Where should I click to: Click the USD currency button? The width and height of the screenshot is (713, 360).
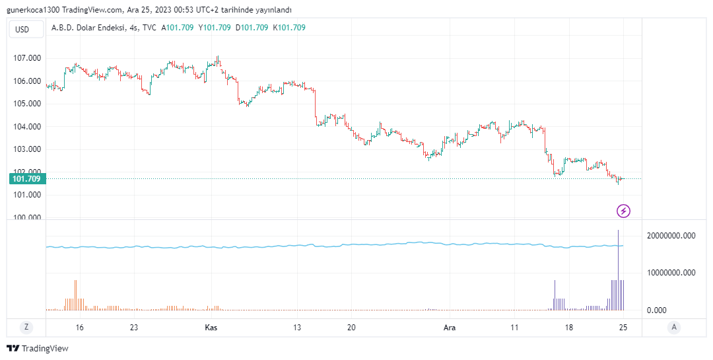[22, 29]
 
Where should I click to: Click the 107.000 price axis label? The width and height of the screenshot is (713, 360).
[27, 58]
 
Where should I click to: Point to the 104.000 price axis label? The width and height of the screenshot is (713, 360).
[27, 127]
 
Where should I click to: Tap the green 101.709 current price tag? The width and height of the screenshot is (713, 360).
[26, 178]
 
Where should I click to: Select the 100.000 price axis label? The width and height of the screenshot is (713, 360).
[27, 217]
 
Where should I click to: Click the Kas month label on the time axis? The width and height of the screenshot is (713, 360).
[211, 328]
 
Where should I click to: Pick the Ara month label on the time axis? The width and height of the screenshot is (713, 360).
[450, 328]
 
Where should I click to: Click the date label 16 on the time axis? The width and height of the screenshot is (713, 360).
[80, 328]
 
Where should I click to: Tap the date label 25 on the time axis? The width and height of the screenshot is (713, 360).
[623, 328]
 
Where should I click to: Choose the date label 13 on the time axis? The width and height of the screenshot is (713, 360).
[297, 328]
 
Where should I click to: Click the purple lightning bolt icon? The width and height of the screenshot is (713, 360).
[623, 211]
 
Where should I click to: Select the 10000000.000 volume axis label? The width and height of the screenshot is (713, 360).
[671, 272]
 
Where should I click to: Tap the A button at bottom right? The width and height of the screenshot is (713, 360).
[674, 327]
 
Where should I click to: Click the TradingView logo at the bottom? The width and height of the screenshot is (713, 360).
[38, 348]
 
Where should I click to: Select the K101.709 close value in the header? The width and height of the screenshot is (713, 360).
[289, 28]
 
